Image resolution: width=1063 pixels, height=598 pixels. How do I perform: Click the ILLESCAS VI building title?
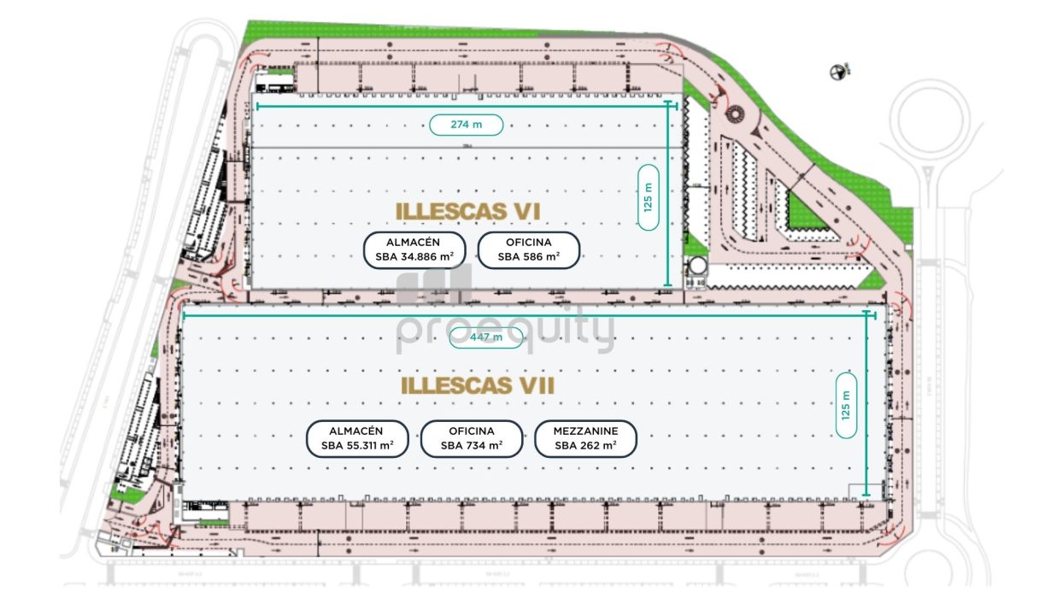point(468,210)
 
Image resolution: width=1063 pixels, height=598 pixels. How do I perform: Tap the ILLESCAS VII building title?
point(478,386)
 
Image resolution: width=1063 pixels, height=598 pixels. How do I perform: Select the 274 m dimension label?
point(466,125)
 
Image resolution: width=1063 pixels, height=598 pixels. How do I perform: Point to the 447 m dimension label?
point(486,337)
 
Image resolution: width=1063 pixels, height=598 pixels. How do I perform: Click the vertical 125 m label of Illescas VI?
point(649,197)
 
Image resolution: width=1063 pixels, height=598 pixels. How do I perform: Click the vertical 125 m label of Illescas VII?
point(847,405)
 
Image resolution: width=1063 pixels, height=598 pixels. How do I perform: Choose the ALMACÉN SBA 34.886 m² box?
point(414,250)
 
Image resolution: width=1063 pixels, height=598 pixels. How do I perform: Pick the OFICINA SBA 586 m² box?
point(528,250)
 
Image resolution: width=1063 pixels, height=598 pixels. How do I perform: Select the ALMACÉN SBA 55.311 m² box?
point(358,439)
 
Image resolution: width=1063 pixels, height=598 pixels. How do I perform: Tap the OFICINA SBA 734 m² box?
point(472,439)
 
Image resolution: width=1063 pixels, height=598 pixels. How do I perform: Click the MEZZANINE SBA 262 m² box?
point(585,439)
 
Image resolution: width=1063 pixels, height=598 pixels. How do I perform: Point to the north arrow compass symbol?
point(838,73)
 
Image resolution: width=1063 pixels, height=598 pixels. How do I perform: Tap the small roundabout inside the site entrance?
point(734,114)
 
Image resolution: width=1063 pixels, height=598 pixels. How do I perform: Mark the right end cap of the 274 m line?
point(676,106)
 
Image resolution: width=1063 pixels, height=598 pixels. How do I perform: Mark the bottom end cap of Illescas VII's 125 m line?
point(867,495)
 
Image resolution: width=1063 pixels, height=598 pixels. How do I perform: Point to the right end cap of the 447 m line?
point(871,315)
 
